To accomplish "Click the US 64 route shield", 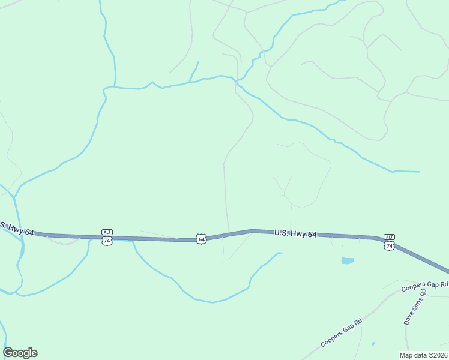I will pyautogui.click(x=202, y=239).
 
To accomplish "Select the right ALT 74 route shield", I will pyautogui.click(x=389, y=245).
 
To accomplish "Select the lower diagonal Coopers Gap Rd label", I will pyautogui.click(x=341, y=332).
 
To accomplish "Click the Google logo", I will pyautogui.click(x=20, y=353).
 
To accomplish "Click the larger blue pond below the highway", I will pyautogui.click(x=347, y=260).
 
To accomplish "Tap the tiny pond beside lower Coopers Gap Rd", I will pyautogui.click(x=373, y=344).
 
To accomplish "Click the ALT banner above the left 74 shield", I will pyautogui.click(x=107, y=232).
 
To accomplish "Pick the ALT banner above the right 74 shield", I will pyautogui.click(x=389, y=237).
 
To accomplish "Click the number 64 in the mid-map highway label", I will pyautogui.click(x=311, y=235).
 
